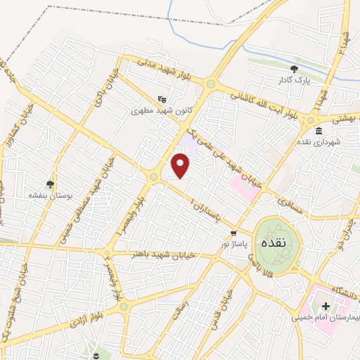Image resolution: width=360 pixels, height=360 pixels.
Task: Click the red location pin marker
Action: (x=181, y=165)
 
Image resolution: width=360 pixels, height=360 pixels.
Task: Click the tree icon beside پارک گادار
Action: (x=293, y=69)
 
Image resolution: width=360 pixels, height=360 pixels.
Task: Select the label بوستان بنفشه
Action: (x=48, y=194)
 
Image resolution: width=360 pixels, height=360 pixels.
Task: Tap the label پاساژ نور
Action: (x=232, y=243)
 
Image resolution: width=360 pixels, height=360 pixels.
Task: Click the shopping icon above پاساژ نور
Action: (x=233, y=233)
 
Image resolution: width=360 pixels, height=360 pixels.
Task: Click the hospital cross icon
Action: (x=326, y=306)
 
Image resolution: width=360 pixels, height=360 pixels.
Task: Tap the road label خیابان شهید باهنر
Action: (x=162, y=253)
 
